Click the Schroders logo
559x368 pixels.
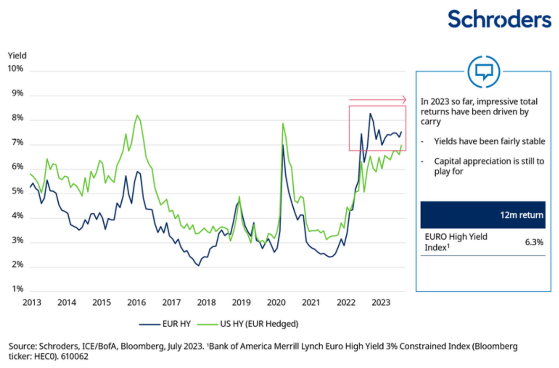[x=499, y=19]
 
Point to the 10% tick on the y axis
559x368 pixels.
[x=15, y=69]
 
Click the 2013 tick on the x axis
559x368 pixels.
[x=32, y=302]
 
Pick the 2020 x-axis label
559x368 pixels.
[x=275, y=302]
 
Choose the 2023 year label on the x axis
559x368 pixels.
[x=380, y=302]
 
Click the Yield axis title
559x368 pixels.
[x=17, y=55]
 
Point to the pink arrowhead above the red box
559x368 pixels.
[x=404, y=99]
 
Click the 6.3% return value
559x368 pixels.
[x=533, y=242]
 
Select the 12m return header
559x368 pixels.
[x=521, y=215]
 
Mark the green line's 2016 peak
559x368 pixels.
[x=137, y=115]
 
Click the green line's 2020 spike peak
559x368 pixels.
[x=283, y=124]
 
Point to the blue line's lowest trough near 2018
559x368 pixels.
[x=198, y=266]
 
